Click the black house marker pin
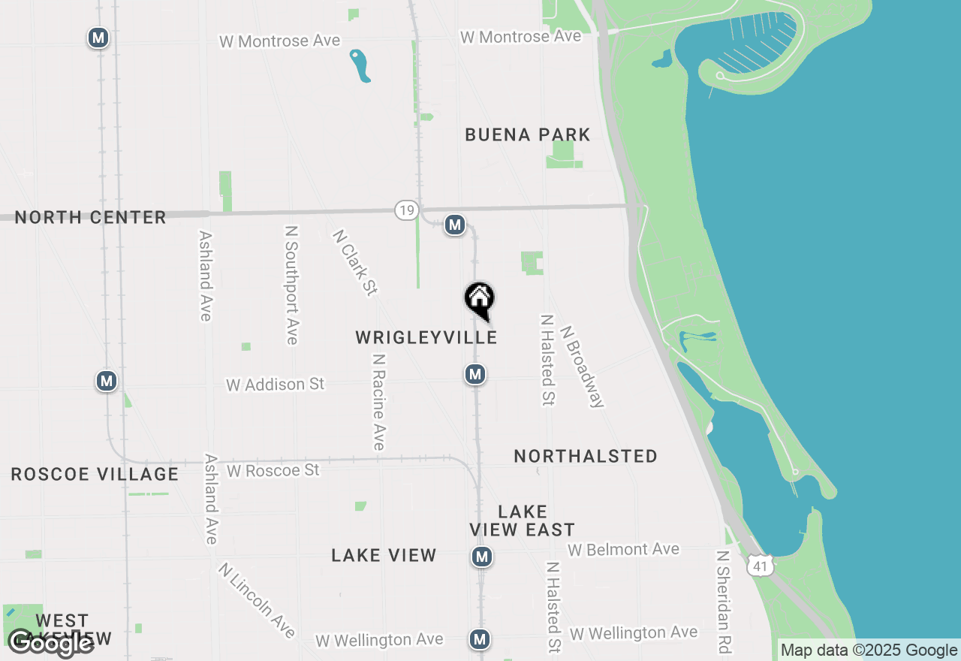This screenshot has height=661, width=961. point(480,299)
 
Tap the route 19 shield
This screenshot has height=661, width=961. point(406,210)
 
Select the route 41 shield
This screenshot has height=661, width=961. point(761,566)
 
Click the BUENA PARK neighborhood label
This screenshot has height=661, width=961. point(527,135)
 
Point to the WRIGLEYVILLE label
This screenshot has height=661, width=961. point(426,337)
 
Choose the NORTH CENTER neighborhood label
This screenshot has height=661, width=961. point(91,218)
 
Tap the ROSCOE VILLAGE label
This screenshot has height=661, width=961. point(95,475)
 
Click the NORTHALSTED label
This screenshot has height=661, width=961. point(586,457)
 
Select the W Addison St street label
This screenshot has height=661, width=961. point(276,385)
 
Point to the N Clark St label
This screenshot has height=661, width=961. point(354,263)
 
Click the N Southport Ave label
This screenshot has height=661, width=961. point(292,285)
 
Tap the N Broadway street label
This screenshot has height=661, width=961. point(582,366)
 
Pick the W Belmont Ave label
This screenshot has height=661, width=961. point(623,550)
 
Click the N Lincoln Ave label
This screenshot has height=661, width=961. point(256,600)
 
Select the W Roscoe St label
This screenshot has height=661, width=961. point(273,471)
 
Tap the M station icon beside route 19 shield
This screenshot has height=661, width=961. point(454,225)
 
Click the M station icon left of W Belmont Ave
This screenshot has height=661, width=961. point(482,557)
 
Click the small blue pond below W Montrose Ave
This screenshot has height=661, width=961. point(360,65)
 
